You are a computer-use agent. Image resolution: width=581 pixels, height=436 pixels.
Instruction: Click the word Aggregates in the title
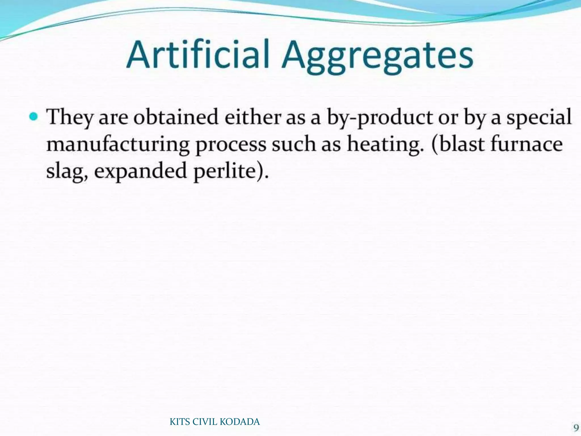tap(377, 57)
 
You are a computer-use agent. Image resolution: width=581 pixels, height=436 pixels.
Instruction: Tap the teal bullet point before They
tap(34, 116)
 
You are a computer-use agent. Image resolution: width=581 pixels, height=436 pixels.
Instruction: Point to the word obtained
tap(176, 117)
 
